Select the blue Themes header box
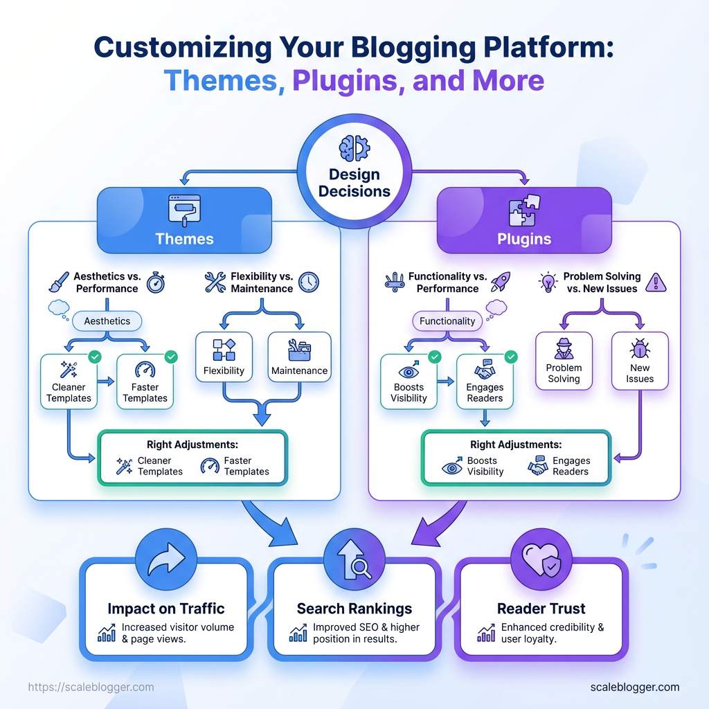(x=184, y=219)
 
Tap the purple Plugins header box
(x=523, y=219)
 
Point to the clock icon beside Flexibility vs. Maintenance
(x=309, y=282)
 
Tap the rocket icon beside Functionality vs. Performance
(x=499, y=282)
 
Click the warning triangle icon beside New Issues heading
(x=655, y=282)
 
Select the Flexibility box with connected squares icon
(x=224, y=357)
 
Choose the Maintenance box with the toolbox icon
(x=299, y=357)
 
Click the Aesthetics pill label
(x=107, y=321)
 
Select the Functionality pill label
(x=448, y=321)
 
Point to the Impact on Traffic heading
(x=166, y=609)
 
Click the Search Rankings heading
(x=354, y=609)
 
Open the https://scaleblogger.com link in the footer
(x=91, y=688)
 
